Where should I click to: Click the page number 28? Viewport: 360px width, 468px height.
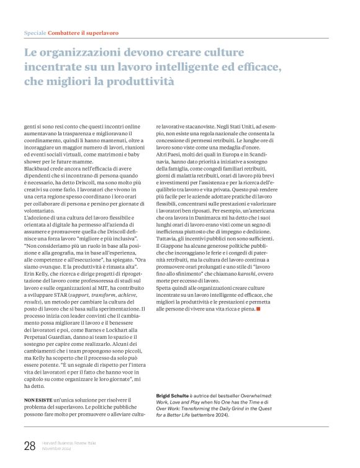29,445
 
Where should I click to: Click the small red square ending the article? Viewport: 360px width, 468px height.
258,308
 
